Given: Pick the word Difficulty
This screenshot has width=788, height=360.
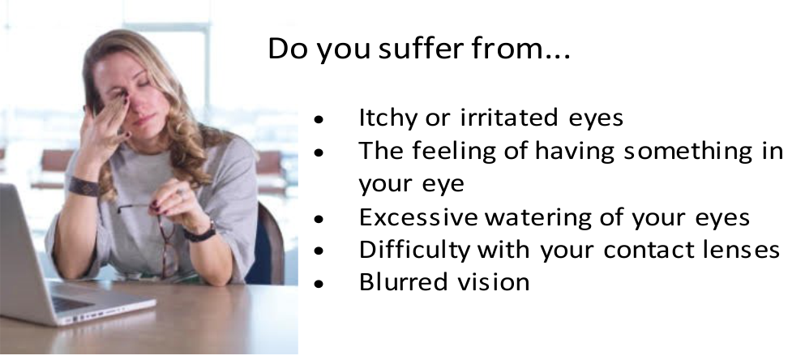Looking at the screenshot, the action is click(x=414, y=250).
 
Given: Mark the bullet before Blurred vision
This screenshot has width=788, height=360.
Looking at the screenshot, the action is click(x=319, y=284).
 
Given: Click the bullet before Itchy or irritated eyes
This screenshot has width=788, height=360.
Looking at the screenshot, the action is click(x=319, y=120).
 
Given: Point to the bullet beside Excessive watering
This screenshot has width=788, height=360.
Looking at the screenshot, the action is click(x=319, y=219).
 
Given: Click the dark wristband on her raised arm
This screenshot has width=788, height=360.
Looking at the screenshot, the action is click(x=84, y=186).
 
